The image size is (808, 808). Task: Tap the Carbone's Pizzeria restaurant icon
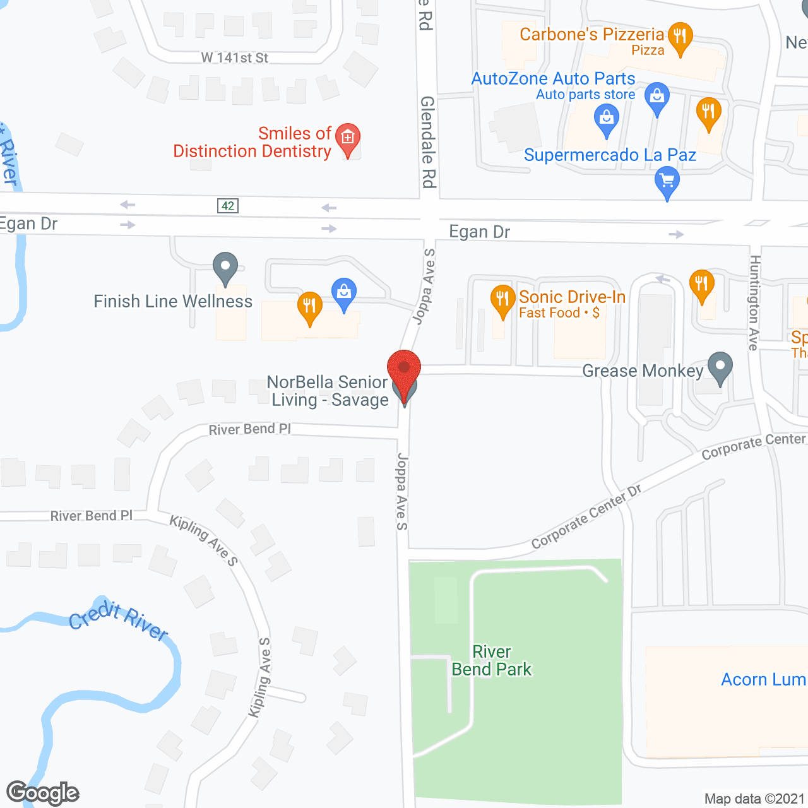tap(680, 36)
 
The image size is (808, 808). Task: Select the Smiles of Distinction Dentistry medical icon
tap(347, 138)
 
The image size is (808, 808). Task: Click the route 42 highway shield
tap(228, 206)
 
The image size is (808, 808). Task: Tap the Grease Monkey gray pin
tap(720, 366)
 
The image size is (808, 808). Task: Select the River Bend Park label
tap(492, 660)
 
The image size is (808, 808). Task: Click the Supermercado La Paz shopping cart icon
tap(667, 181)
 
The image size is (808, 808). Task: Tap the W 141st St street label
tap(235, 58)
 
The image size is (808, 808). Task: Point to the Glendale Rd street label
tap(428, 142)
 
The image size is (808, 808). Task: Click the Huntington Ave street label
tap(754, 303)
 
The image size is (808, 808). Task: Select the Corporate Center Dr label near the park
tap(586, 517)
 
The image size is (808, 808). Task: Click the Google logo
tap(43, 793)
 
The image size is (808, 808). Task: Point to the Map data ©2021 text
tap(754, 799)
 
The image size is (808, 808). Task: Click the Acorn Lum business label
tap(763, 679)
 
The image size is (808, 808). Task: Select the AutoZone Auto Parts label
tap(553, 78)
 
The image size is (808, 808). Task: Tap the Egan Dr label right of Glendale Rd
tap(479, 232)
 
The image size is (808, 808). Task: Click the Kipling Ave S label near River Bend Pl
tap(203, 540)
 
